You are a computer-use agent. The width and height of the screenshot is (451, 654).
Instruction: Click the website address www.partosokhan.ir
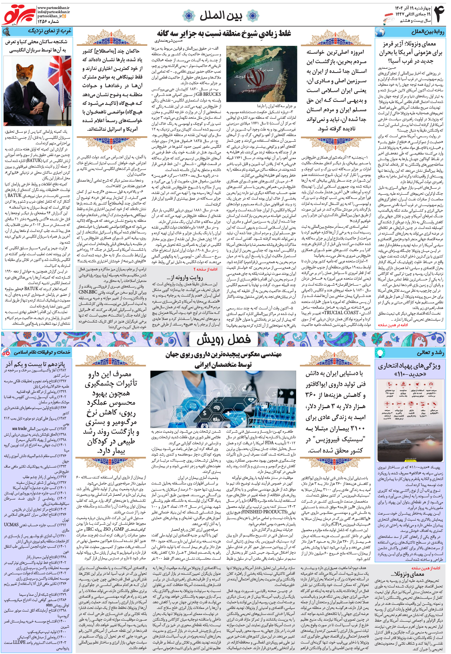[x=53, y=8]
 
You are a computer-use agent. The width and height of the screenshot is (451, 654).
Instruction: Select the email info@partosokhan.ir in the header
[x=53, y=12]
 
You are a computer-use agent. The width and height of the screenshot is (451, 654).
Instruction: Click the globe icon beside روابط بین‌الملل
[x=380, y=32]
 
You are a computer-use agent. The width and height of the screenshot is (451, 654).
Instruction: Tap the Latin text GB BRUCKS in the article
[x=209, y=94]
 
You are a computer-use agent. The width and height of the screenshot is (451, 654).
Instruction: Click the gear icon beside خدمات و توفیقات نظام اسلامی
[x=6, y=352]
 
